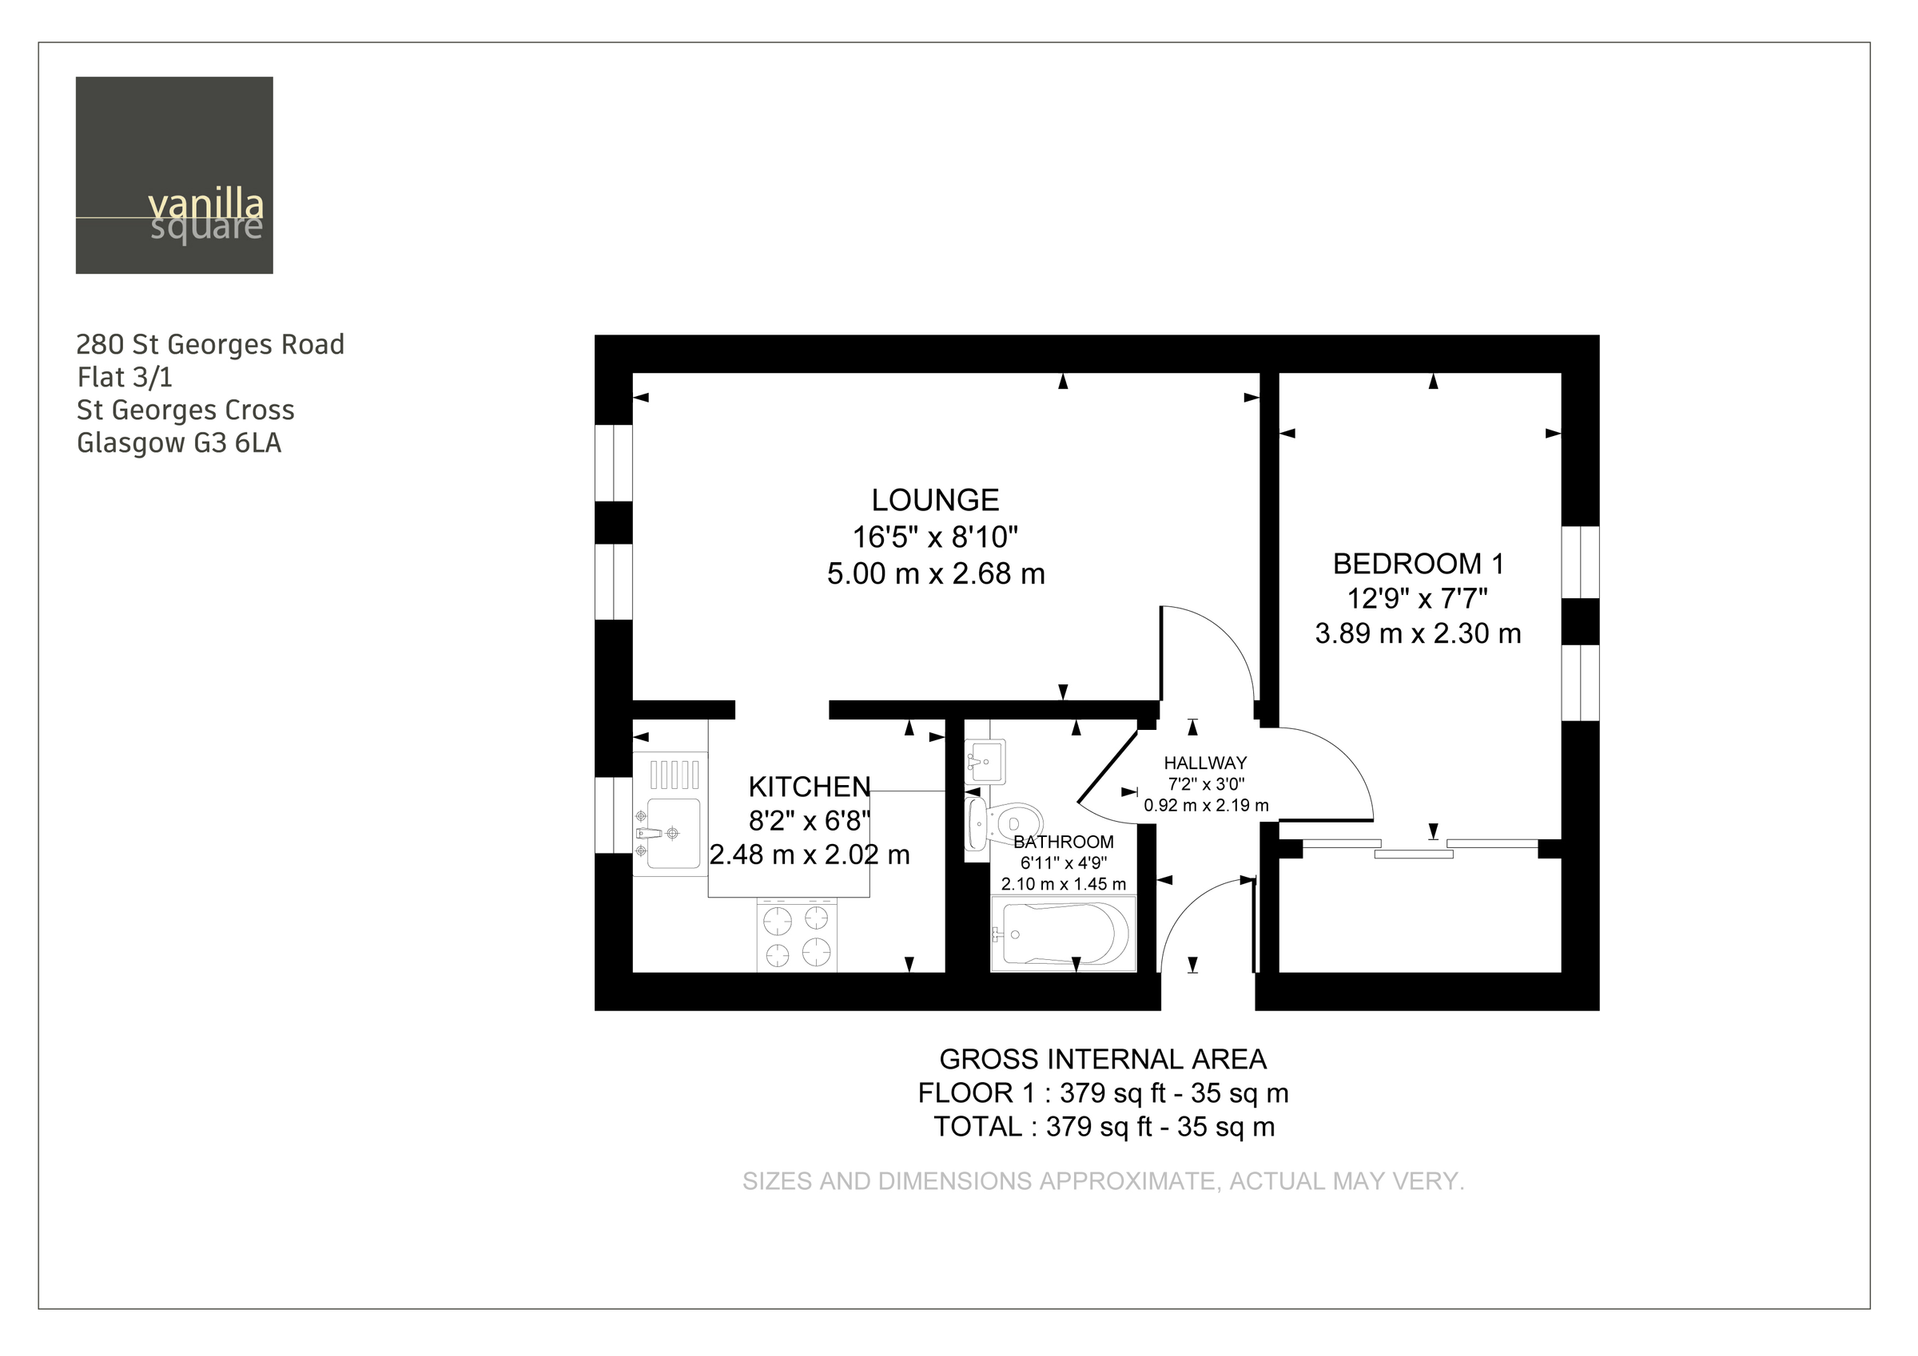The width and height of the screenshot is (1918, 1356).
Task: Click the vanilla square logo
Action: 174,176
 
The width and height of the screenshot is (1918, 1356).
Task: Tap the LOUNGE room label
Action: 936,500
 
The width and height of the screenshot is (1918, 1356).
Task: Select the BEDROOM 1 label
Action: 1419,565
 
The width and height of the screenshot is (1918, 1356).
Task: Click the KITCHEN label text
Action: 810,787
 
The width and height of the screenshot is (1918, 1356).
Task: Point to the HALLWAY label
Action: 1205,763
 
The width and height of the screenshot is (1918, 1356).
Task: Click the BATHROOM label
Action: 1064,843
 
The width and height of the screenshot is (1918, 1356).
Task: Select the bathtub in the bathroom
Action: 1064,934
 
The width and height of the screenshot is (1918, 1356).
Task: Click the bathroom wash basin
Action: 985,761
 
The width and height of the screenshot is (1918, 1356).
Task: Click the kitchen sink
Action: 670,832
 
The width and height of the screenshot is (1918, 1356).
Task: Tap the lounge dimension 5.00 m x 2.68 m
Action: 937,573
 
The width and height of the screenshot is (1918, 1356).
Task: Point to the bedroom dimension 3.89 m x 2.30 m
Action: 1419,634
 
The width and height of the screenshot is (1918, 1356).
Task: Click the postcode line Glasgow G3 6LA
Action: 179,442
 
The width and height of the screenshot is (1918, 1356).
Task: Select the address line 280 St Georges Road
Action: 210,344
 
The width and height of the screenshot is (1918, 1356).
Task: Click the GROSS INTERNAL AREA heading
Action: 1103,1060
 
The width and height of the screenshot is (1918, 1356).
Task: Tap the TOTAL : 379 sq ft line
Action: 1104,1128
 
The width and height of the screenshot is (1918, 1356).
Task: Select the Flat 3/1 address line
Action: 125,378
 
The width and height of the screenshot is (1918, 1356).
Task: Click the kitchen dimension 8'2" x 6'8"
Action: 810,821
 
